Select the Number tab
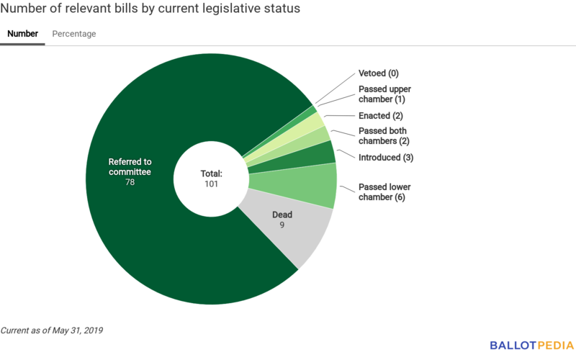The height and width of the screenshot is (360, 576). coord(22,34)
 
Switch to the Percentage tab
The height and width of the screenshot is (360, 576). coord(73,34)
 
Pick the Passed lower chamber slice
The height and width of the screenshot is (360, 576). coord(317,185)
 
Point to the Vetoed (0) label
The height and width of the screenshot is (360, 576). coord(378,73)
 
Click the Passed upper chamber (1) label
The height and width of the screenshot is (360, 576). coord(384,94)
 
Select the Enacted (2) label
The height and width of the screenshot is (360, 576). coord(379,116)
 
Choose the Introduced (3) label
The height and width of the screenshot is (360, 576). coord(385,157)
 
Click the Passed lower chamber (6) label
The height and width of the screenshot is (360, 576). coord(384,192)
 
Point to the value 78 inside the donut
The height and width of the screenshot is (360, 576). coord(130,182)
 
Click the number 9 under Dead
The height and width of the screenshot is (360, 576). coord(282,225)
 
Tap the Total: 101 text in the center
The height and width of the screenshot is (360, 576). coord(211,179)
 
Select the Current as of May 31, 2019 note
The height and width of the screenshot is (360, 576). coord(52,330)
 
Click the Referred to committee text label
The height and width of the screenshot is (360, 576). coord(130,166)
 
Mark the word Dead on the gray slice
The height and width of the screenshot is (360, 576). coord(282,215)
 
